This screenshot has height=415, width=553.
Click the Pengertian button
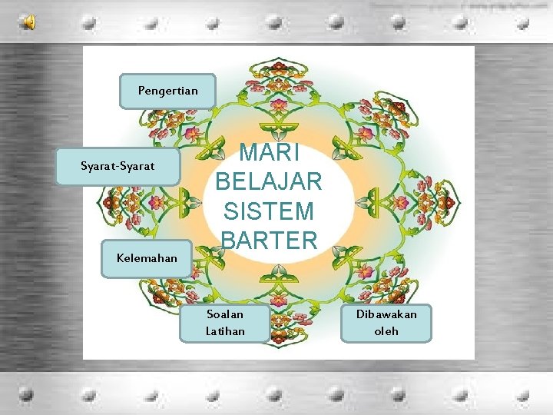(x=168, y=91)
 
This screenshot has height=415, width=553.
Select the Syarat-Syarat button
(x=118, y=166)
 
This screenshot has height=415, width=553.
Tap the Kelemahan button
(x=146, y=258)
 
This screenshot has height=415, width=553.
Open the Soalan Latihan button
(x=225, y=323)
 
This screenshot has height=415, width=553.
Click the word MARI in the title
(x=268, y=151)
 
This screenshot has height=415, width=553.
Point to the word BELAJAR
(x=268, y=181)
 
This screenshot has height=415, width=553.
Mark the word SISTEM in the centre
(x=268, y=211)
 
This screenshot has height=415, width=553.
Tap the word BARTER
(x=268, y=240)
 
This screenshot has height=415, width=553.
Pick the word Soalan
(x=225, y=314)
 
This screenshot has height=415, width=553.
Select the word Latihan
(x=225, y=331)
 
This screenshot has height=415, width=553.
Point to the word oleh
(x=386, y=331)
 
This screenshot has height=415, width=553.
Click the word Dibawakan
(x=386, y=314)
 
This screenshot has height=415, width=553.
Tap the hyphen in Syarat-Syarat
(x=118, y=167)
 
